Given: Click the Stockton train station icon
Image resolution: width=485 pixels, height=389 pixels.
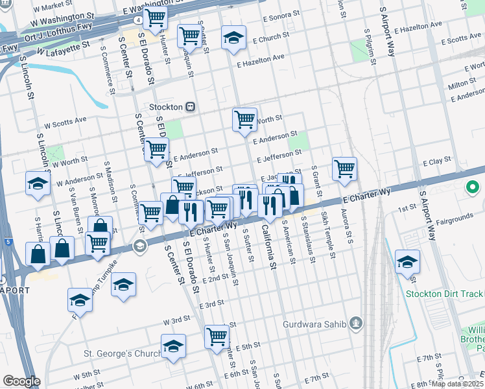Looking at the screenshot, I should [191, 107].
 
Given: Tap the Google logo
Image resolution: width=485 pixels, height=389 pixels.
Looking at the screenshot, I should [21, 381].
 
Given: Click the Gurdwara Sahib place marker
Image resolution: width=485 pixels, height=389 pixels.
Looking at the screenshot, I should [355, 323].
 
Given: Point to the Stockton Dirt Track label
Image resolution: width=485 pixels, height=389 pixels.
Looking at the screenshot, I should [445, 294].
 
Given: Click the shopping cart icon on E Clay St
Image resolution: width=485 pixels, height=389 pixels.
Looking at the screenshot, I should [345, 169].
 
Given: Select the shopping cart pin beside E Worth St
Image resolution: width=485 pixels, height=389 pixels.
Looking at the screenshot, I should [244, 119].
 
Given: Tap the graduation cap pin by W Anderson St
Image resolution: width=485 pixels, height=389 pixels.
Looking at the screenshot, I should [38, 183].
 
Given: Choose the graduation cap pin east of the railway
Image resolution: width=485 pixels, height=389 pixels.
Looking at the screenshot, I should [408, 262].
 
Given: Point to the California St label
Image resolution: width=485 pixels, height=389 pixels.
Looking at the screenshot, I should [269, 246].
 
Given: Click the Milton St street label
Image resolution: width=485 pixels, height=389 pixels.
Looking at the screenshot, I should [463, 84].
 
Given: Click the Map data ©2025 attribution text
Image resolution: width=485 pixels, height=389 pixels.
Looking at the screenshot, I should [456, 384].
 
